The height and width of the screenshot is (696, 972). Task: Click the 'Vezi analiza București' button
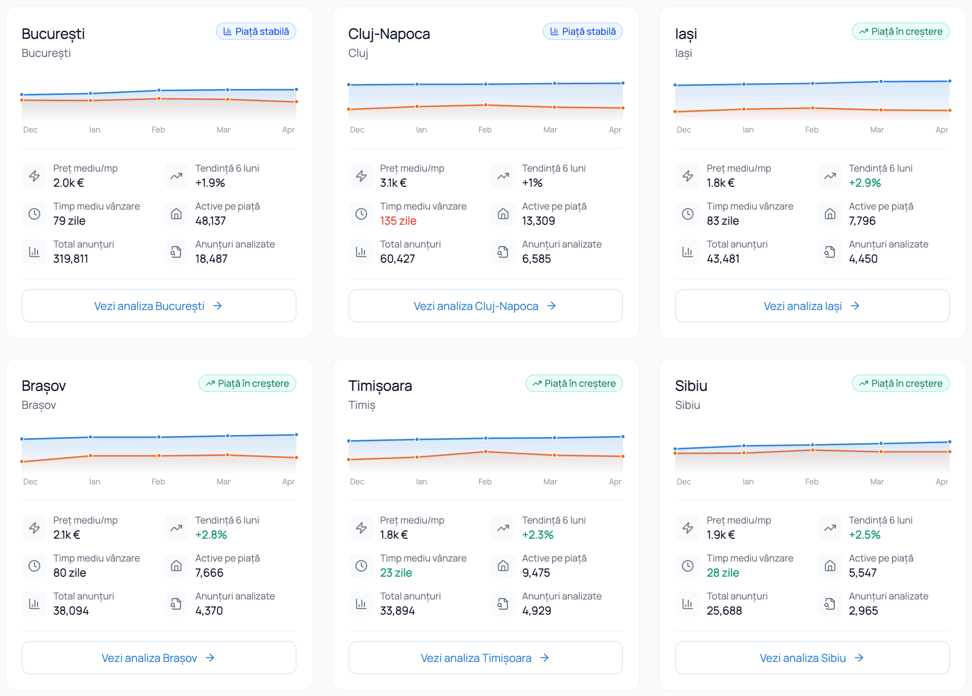coord(159,306)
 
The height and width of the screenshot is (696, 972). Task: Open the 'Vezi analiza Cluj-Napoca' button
coord(485,306)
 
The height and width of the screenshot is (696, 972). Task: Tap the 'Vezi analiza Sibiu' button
coord(812,657)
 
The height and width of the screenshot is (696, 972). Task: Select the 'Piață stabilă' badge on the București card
coord(256,31)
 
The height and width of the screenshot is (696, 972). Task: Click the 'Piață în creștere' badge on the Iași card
coord(900,31)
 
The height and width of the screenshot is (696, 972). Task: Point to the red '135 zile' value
coord(398,221)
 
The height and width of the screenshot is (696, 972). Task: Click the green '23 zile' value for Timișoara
coord(396,573)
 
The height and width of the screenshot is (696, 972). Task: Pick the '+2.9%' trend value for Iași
coord(864,183)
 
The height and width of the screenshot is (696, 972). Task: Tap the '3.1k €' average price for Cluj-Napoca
coord(393,183)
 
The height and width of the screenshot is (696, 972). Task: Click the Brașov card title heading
coord(44,386)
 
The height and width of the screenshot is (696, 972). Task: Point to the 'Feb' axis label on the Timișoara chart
coord(485,481)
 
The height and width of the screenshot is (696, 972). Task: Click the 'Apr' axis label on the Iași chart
coord(942,129)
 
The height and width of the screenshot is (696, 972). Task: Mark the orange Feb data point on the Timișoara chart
coord(486,451)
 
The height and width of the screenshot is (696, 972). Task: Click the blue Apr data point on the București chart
coord(296,89)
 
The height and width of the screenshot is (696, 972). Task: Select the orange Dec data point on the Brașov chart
coord(22,461)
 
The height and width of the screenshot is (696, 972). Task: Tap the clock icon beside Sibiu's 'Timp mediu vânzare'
coord(687,566)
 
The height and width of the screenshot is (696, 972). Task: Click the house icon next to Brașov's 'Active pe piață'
coord(176,566)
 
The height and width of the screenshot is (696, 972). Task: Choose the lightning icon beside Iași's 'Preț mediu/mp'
coord(687,176)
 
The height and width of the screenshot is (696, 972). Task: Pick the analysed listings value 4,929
coord(536,611)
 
